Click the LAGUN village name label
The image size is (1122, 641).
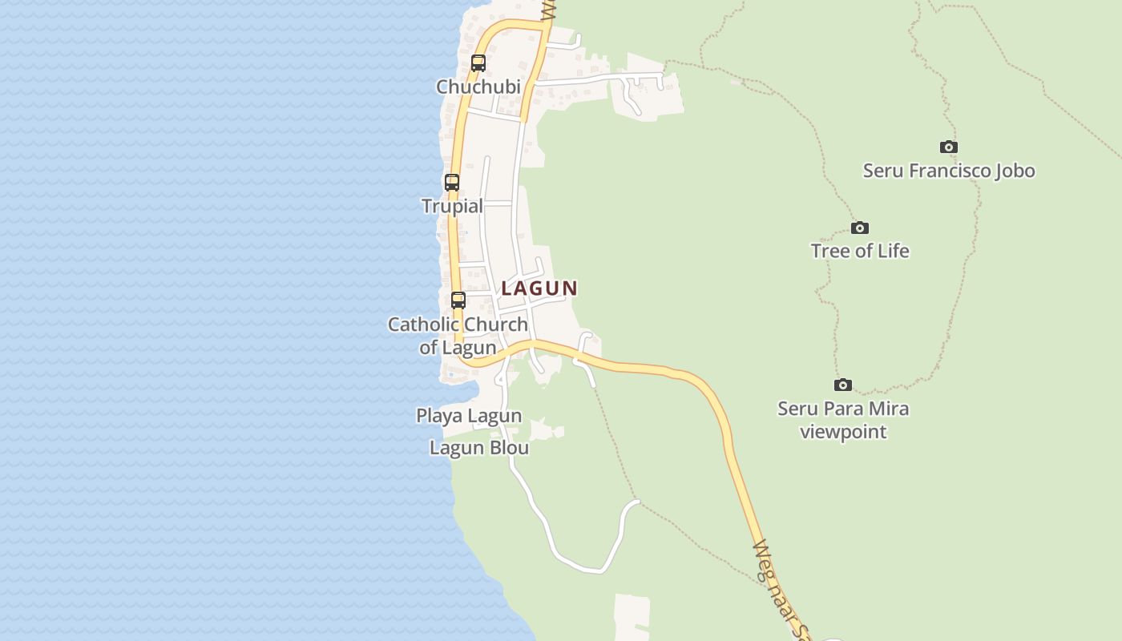(539, 288)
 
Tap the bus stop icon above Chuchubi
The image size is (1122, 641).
(478, 62)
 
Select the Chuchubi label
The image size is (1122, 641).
(478, 87)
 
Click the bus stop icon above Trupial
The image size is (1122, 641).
(452, 182)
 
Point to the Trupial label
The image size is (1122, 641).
(453, 206)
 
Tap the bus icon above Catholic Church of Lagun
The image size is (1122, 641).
(458, 300)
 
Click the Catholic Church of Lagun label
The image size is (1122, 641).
(458, 336)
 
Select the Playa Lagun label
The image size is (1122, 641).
(469, 416)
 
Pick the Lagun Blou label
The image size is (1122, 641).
(479, 448)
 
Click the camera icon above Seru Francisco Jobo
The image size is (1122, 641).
(949, 147)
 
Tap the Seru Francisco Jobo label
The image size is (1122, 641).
(949, 171)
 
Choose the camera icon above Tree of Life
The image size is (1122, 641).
(860, 228)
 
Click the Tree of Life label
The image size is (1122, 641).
(860, 251)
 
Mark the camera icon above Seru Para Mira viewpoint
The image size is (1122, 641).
(843, 385)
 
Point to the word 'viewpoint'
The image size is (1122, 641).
(843, 432)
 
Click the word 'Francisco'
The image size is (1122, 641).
(947, 171)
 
